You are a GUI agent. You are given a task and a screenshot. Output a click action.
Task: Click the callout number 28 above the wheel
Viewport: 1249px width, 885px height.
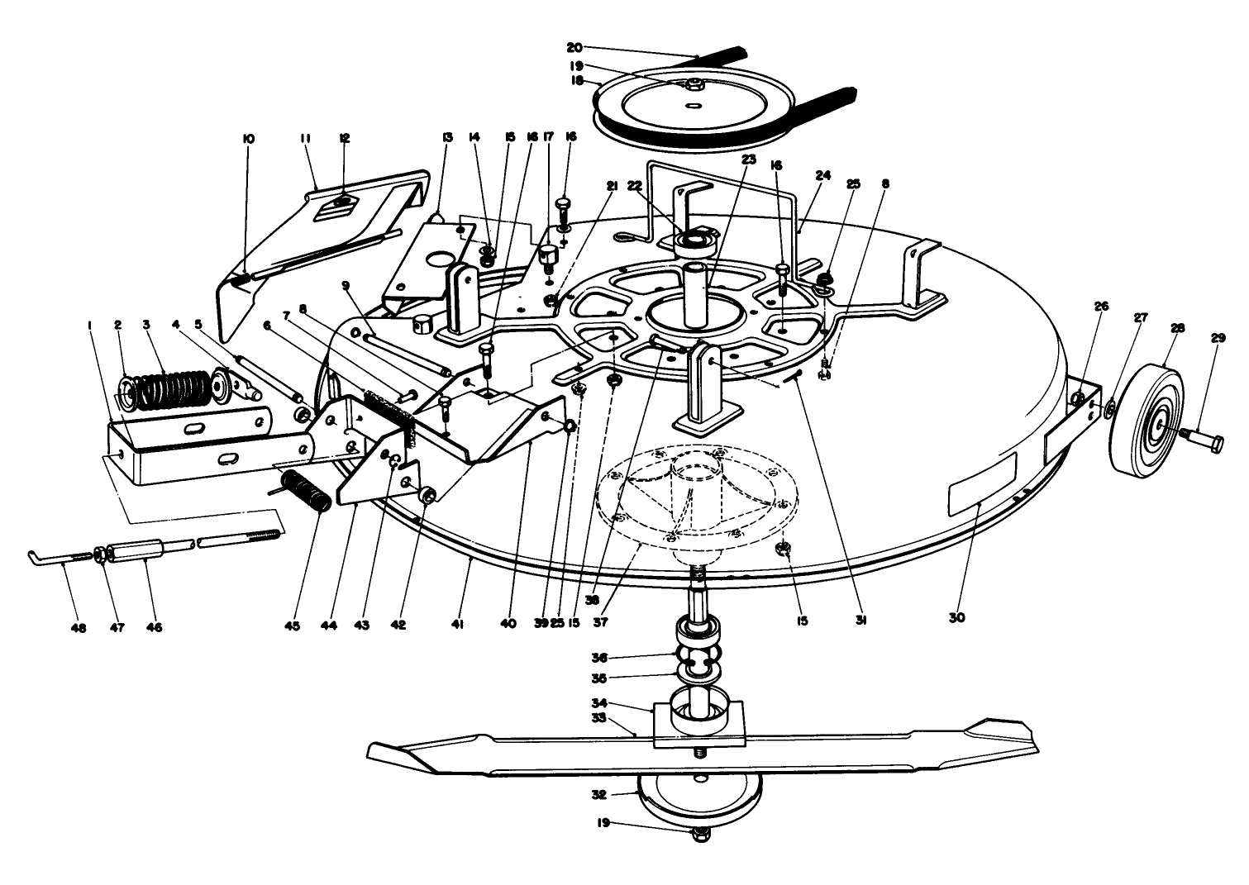(x=1177, y=328)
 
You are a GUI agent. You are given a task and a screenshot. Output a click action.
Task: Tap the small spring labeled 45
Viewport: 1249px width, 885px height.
(x=307, y=488)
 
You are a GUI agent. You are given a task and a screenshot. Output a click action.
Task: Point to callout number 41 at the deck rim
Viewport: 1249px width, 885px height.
(x=457, y=627)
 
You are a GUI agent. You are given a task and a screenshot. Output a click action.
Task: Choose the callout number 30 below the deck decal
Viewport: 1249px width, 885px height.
(x=957, y=617)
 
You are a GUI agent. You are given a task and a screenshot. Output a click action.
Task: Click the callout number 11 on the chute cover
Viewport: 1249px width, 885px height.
(x=307, y=140)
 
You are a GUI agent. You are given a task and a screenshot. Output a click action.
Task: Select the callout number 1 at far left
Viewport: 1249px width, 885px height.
(x=88, y=325)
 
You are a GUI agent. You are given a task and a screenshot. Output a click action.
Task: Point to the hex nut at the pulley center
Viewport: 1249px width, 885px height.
(x=695, y=83)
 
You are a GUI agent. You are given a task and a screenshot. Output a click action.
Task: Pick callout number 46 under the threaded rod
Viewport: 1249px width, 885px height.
(x=154, y=627)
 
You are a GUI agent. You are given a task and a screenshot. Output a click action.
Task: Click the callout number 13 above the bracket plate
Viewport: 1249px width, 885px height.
(x=448, y=138)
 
